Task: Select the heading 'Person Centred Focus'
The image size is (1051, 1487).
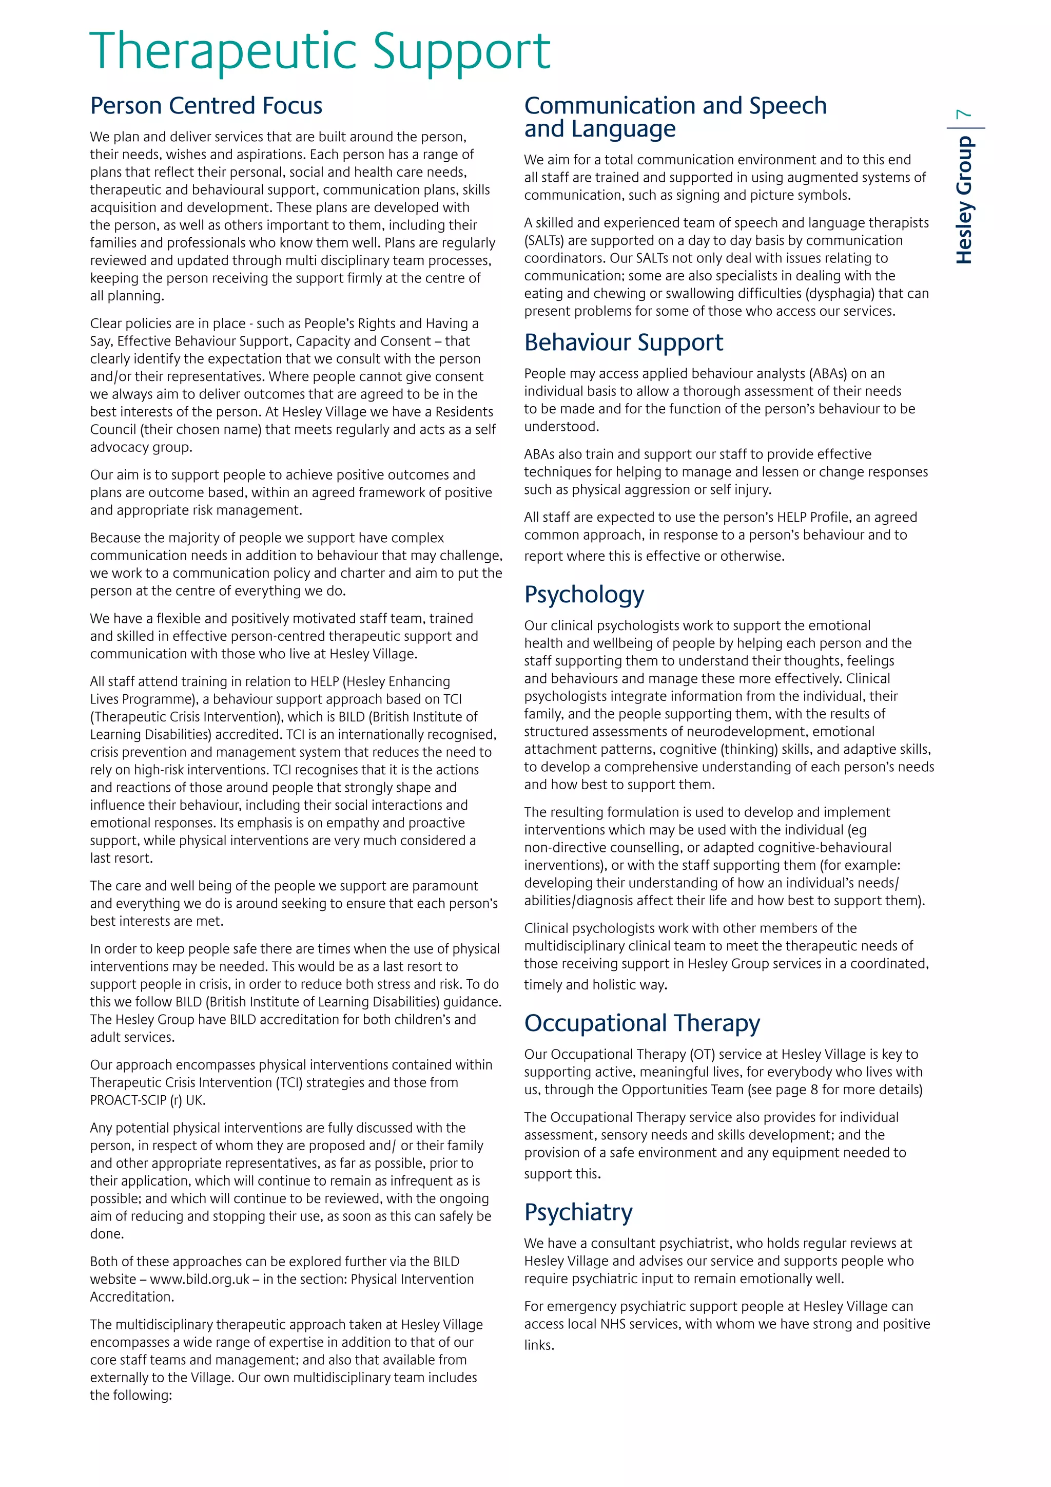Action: coord(206,106)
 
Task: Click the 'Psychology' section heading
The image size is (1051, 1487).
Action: coord(583,594)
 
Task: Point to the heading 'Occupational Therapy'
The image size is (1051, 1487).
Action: coord(641,1023)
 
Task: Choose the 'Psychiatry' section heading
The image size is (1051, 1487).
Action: coord(578,1212)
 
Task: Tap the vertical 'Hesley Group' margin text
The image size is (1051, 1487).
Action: coord(964,200)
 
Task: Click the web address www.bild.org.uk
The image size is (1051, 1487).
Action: coord(200,1279)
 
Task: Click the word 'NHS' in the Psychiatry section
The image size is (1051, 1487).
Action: coord(613,1324)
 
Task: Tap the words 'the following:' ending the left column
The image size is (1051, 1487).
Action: coord(131,1395)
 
